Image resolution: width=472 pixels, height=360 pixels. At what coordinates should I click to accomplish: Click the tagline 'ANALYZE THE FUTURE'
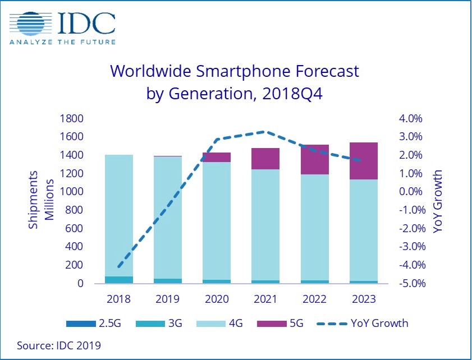tap(62, 42)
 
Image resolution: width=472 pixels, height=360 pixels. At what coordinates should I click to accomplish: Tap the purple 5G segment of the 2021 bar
tap(265, 159)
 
